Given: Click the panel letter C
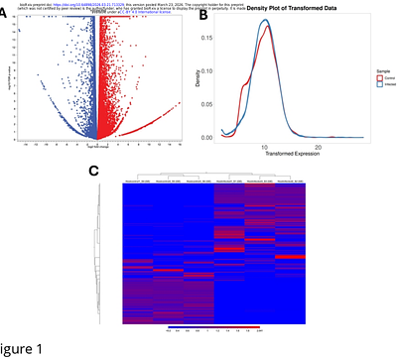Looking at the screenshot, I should point(95,171).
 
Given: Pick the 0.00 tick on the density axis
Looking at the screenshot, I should point(218,137).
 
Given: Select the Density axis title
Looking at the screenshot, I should point(205,83).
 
